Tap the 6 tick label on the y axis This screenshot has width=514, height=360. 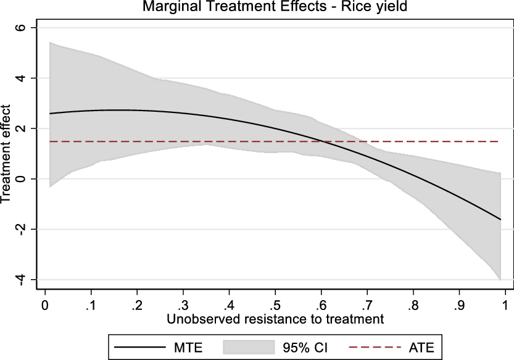(21, 28)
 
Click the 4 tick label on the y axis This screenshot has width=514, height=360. (21, 78)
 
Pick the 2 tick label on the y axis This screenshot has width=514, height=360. (21, 128)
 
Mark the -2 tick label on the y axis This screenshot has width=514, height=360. (19, 229)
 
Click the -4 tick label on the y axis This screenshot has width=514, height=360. (19, 280)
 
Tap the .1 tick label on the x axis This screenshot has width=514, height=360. (91, 304)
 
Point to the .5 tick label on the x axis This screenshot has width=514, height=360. (275, 304)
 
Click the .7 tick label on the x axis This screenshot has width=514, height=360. (367, 304)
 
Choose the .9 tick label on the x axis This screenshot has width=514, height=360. (458, 304)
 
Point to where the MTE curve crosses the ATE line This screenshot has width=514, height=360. (322, 141)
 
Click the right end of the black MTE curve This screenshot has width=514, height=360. (500, 219)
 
